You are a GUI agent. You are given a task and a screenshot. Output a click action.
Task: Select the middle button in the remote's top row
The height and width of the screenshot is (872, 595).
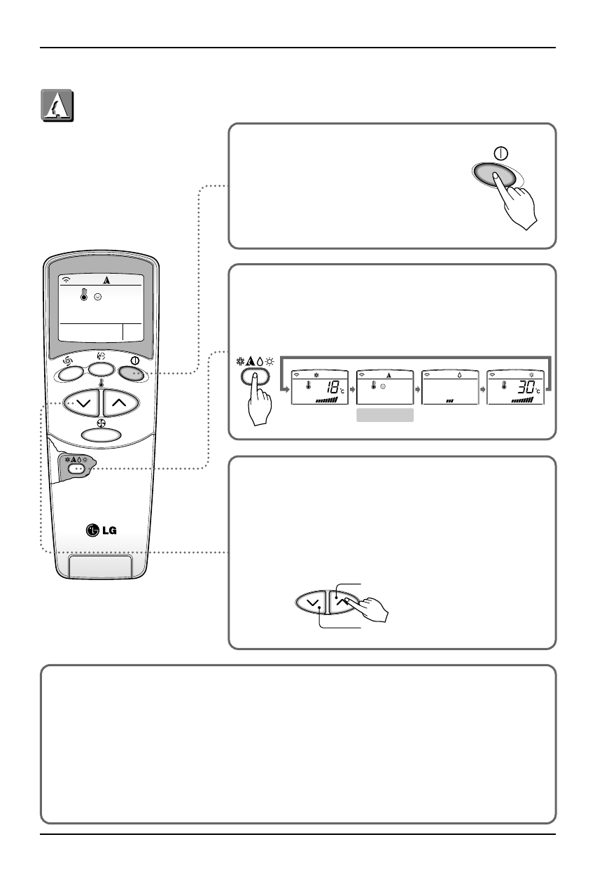coord(100,368)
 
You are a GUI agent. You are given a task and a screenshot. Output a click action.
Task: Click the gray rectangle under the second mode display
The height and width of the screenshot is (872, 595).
coord(384,416)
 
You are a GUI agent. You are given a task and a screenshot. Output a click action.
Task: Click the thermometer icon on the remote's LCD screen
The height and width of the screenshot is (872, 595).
coord(84,295)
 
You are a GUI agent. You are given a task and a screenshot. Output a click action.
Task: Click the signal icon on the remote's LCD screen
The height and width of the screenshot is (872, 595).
coord(66,279)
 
